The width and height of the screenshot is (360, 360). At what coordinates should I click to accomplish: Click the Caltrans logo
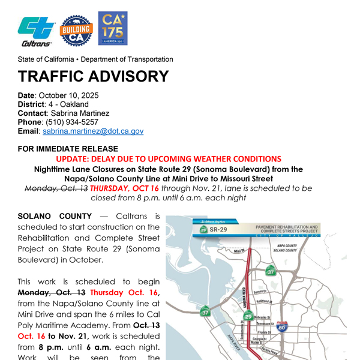coord(37,31)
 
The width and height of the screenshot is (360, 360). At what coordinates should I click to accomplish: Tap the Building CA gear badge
coord(77,29)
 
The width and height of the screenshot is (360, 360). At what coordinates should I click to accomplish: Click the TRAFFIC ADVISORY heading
coord(93,76)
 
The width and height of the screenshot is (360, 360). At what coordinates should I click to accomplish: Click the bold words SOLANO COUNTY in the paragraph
coord(55,216)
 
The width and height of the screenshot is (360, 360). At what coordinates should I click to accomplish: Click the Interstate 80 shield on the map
coord(282,327)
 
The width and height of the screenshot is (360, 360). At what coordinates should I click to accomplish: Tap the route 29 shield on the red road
coord(248,316)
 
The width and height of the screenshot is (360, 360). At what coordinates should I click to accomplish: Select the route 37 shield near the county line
coord(271,272)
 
